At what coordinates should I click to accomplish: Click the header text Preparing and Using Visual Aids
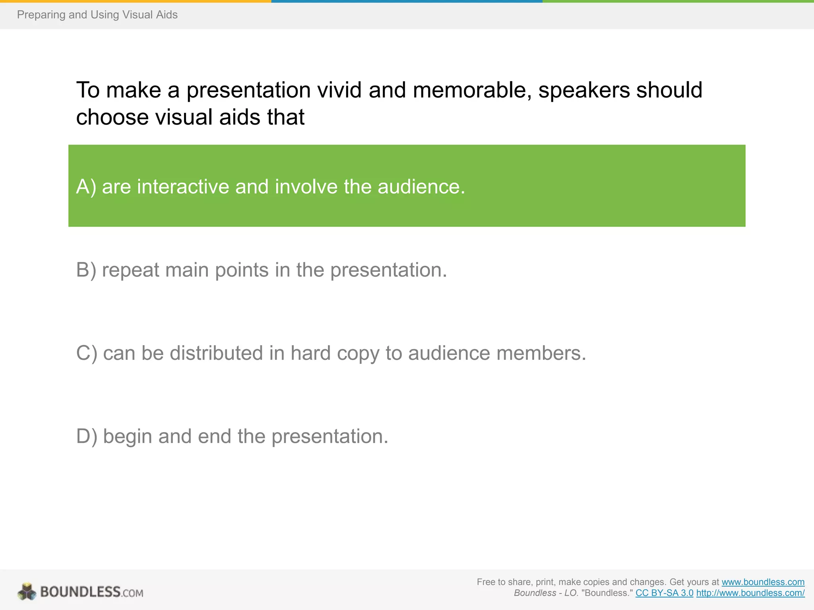click(97, 15)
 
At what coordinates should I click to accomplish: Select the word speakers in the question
click(584, 90)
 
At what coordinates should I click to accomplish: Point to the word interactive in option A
click(183, 187)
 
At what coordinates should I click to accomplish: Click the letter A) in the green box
click(86, 187)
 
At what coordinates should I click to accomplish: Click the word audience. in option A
click(421, 187)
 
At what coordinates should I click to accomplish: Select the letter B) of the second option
click(86, 270)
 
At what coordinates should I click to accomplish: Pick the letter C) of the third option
click(86, 353)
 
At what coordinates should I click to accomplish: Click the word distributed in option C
click(216, 353)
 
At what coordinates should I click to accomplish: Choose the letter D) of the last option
click(86, 436)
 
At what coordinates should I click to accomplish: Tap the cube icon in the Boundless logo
click(27, 592)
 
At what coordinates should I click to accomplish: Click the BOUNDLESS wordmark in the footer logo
click(80, 592)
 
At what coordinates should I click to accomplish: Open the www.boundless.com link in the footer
click(763, 582)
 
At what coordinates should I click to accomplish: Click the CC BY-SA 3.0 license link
click(664, 593)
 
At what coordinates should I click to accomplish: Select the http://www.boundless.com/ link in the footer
click(750, 593)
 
